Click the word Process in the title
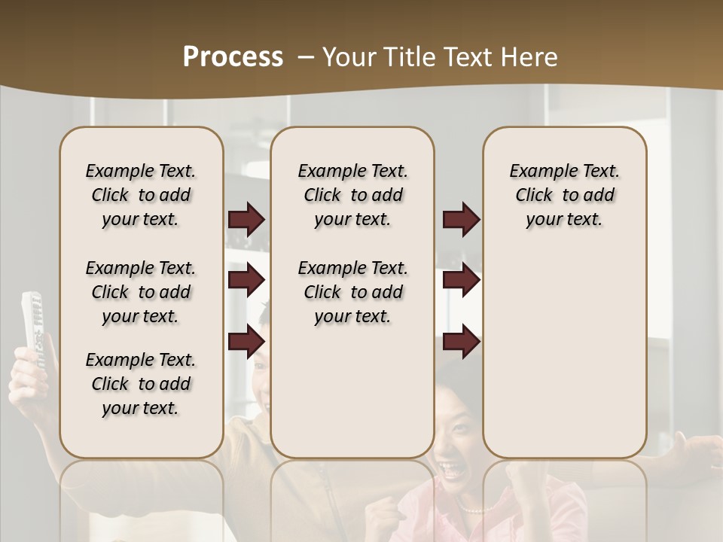point(233,56)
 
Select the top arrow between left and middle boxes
point(246,220)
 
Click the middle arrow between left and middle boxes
point(246,280)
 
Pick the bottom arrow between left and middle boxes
point(246,342)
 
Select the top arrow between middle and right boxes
point(461,220)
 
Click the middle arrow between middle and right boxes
point(461,280)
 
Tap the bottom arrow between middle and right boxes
point(461,342)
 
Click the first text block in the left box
point(140,195)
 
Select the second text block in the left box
point(140,292)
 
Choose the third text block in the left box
point(140,384)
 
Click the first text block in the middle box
point(352,195)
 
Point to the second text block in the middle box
point(352,292)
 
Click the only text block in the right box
point(564,195)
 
